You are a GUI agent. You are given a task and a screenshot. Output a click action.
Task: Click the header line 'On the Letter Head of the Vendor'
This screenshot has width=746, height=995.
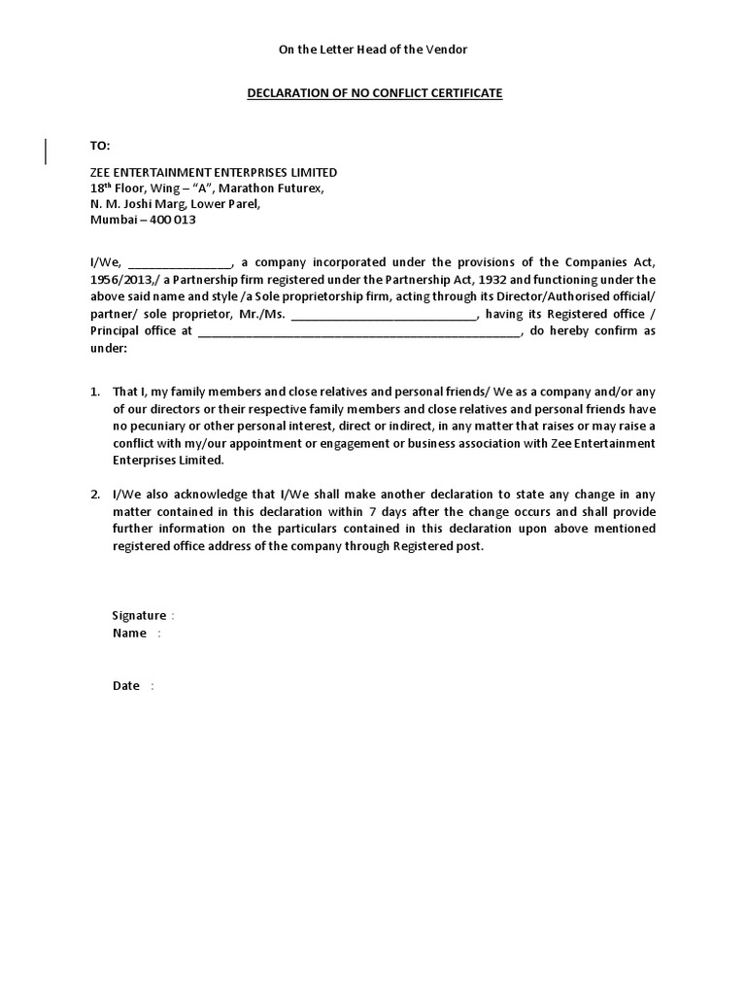pyautogui.click(x=373, y=49)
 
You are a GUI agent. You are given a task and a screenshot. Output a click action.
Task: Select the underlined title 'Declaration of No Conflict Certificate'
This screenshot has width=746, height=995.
pyautogui.click(x=373, y=93)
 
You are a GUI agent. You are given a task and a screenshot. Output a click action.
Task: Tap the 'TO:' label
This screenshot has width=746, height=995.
pyautogui.click(x=101, y=146)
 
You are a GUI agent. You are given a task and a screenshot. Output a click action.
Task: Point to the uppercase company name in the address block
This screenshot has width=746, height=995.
pyautogui.click(x=214, y=172)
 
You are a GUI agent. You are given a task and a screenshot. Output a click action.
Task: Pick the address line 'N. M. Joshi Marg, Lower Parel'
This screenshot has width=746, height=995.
pyautogui.click(x=175, y=204)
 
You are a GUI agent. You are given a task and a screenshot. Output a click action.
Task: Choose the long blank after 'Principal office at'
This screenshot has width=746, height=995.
pyautogui.click(x=360, y=331)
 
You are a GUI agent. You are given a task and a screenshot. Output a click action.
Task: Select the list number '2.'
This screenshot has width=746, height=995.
pyautogui.click(x=95, y=495)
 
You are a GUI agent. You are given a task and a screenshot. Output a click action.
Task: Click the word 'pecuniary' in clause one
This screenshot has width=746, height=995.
pyautogui.click(x=156, y=427)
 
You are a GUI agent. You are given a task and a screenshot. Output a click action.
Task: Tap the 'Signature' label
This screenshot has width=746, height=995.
pyautogui.click(x=139, y=616)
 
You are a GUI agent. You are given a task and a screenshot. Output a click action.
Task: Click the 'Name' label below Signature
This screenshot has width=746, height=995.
pyautogui.click(x=129, y=634)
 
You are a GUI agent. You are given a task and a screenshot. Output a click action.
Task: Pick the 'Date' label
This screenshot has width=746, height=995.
pyautogui.click(x=126, y=686)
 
